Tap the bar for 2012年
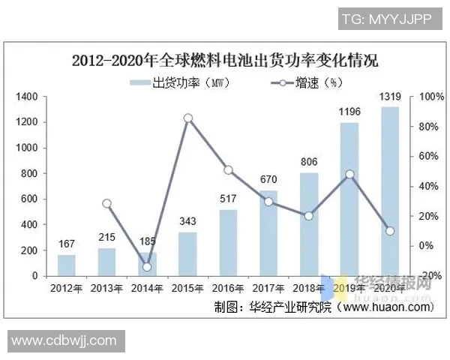[67, 265]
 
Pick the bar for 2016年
[228, 243]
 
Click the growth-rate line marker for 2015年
[188, 118]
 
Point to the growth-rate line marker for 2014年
[147, 266]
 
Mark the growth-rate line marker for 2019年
[349, 174]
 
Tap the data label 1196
[349, 112]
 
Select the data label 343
[188, 222]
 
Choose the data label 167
[67, 244]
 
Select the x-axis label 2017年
[268, 288]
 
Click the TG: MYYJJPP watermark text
[386, 19]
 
